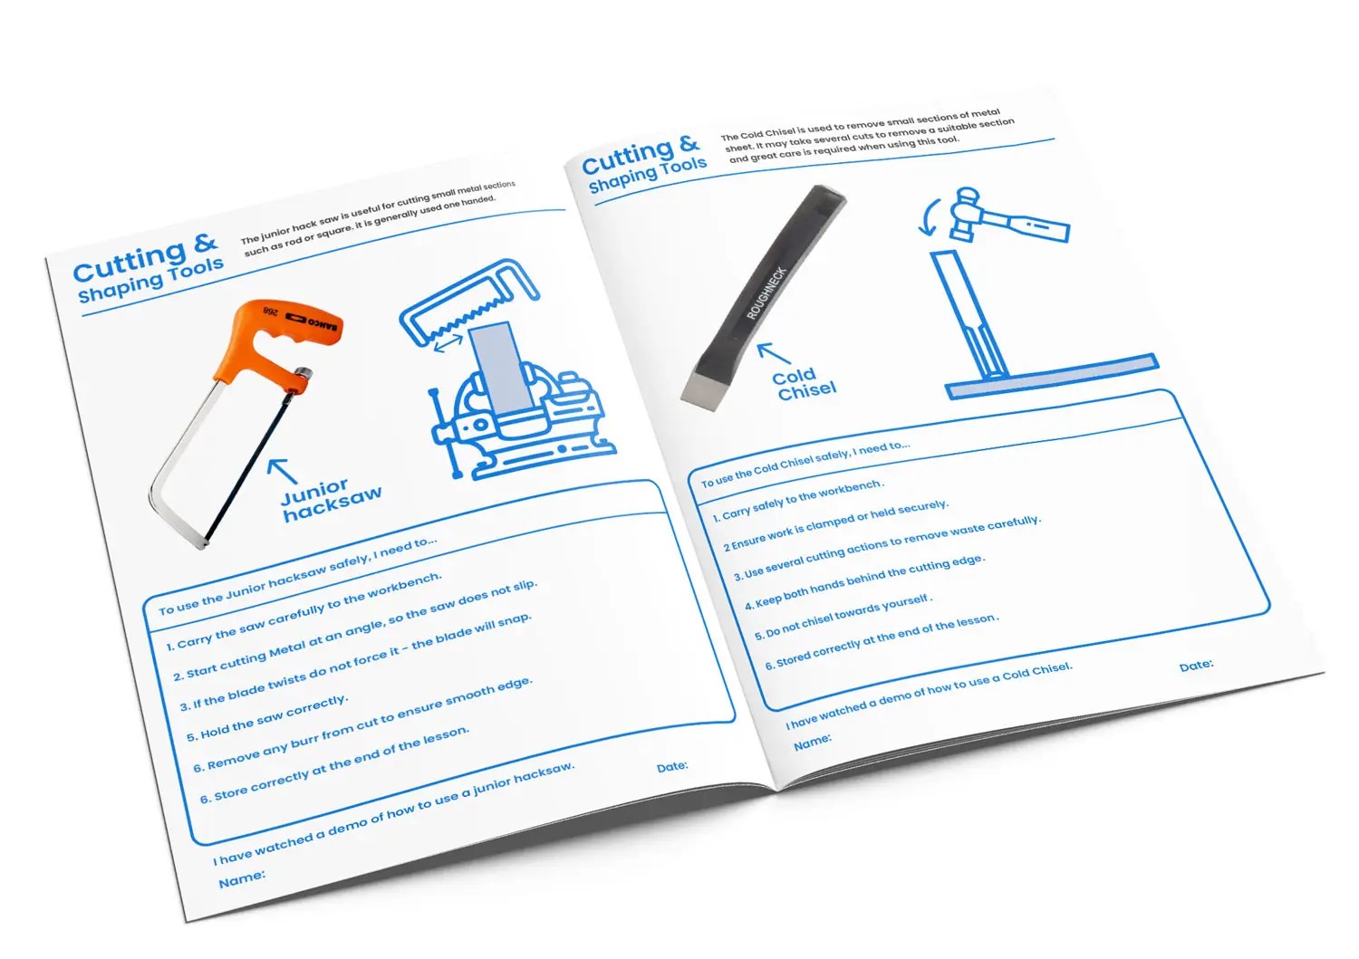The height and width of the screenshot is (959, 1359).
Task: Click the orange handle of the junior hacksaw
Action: (267, 340)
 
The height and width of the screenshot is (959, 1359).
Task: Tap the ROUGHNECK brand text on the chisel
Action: (766, 293)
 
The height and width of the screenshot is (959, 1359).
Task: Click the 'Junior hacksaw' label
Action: (332, 500)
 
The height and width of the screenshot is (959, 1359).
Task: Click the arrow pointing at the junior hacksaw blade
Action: (282, 471)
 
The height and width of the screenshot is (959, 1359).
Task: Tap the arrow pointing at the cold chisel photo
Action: (774, 353)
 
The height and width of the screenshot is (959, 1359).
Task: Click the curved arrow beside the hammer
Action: (929, 217)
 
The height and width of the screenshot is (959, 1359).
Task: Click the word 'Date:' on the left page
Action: (672, 767)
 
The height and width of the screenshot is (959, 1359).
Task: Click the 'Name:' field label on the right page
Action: (813, 742)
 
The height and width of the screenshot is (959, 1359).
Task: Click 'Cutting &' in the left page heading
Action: (146, 258)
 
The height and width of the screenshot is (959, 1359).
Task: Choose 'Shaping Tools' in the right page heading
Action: (648, 175)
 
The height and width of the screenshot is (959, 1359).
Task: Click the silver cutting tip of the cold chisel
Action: (705, 388)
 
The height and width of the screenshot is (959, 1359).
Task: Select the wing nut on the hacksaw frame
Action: (302, 372)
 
